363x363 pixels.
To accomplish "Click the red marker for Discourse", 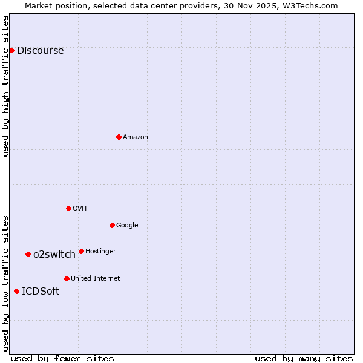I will point(11,50).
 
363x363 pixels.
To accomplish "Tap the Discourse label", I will point(40,51).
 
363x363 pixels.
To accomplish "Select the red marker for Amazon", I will point(119,137).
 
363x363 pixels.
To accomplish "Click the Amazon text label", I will point(136,137).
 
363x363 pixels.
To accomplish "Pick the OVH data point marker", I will point(68,208).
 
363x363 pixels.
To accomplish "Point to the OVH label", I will point(80,209).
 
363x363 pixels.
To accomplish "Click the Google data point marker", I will point(112,225).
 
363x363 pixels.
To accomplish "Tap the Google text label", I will point(127,226).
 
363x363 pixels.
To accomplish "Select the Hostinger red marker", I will point(81,251).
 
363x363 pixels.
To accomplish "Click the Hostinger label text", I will point(100,252).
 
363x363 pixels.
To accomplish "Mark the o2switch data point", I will point(28,254).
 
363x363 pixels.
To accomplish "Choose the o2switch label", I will point(54,255).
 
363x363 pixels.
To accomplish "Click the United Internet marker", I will point(67,278).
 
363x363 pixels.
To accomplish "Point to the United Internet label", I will point(96,279).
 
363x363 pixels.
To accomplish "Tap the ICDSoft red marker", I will point(16,291).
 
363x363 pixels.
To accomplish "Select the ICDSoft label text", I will point(41,292).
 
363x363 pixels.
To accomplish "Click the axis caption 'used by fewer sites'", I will point(62,358).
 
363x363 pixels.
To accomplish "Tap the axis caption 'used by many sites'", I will point(304,358).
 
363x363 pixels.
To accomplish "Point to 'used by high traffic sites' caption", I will point(5,86).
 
